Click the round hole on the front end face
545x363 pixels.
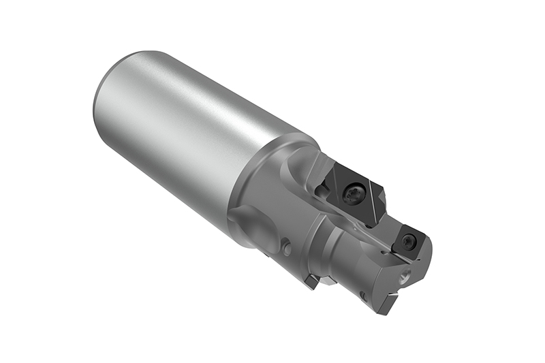click(407, 277)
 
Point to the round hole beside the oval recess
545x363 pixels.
click(287, 249)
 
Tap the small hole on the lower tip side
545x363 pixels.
click(364, 296)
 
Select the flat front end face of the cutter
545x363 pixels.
click(409, 272)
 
